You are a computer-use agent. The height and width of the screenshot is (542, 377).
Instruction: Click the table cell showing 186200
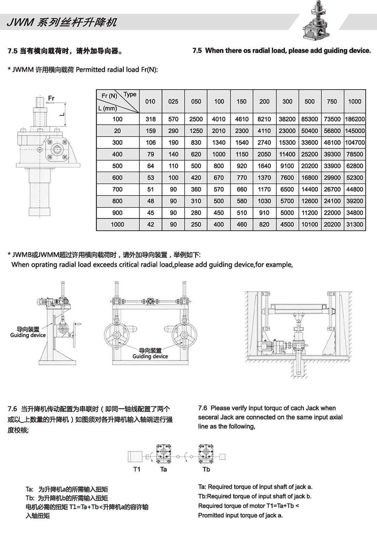(355, 119)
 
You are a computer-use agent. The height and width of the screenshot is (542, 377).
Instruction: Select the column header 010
(150, 101)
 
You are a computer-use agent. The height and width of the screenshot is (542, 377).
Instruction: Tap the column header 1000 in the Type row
(355, 101)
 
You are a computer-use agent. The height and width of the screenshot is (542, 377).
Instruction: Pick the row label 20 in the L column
(117, 131)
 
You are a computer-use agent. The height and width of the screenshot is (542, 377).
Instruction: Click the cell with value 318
(150, 119)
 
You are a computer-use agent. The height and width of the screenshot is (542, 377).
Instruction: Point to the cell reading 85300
(309, 119)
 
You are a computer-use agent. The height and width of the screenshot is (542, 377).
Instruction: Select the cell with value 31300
(355, 224)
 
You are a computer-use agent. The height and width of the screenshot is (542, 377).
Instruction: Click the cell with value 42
(150, 224)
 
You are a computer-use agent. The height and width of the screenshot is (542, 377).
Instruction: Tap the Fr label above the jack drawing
(51, 98)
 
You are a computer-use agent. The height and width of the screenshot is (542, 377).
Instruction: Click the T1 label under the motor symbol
(137, 469)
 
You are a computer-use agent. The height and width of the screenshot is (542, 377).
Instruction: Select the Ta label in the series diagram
(163, 469)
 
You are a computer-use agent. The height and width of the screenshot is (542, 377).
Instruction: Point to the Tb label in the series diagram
(206, 469)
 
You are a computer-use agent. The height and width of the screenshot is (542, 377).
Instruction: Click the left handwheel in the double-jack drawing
(117, 334)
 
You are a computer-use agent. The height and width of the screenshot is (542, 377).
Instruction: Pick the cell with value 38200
(287, 119)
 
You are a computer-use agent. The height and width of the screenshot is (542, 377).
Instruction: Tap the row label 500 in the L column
(117, 166)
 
